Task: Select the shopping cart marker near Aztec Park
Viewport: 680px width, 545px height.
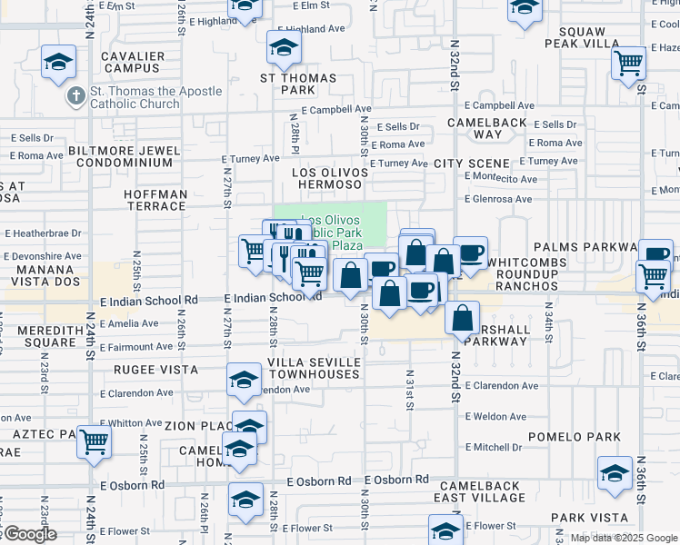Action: [95, 442]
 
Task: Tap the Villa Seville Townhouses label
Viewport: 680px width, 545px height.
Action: [314, 368]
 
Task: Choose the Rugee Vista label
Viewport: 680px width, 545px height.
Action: [155, 370]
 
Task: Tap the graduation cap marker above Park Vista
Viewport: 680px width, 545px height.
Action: [615, 472]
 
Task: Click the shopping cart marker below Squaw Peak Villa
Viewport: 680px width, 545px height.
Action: [629, 64]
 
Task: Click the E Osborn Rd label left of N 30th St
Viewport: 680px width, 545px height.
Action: [318, 481]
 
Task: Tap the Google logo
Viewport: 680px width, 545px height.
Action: [29, 534]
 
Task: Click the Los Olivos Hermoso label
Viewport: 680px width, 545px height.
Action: [329, 178]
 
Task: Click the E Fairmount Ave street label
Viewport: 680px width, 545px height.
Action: [136, 347]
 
